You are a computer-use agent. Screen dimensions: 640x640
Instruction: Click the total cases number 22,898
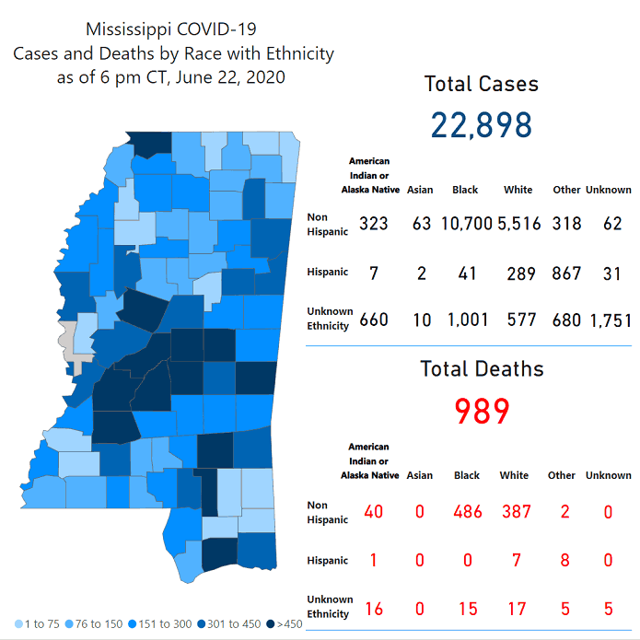481,124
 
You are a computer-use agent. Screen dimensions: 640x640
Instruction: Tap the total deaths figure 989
481,411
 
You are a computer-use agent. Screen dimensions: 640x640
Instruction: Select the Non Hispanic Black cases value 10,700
465,224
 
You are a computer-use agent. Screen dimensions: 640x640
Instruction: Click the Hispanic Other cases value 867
566,273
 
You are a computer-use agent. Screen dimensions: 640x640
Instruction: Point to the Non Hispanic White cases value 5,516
518,224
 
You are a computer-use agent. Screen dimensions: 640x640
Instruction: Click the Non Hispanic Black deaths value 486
467,511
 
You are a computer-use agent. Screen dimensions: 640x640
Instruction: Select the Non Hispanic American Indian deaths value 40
372,511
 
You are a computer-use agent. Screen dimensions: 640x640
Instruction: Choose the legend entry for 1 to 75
37,624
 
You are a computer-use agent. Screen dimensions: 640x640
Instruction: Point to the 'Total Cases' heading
481,84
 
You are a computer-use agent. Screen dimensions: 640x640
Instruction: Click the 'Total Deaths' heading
482,369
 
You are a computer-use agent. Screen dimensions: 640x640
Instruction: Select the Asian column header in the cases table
419,190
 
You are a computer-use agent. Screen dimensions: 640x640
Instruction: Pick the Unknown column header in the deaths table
608,475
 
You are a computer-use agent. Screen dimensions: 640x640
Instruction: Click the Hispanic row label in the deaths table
327,560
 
